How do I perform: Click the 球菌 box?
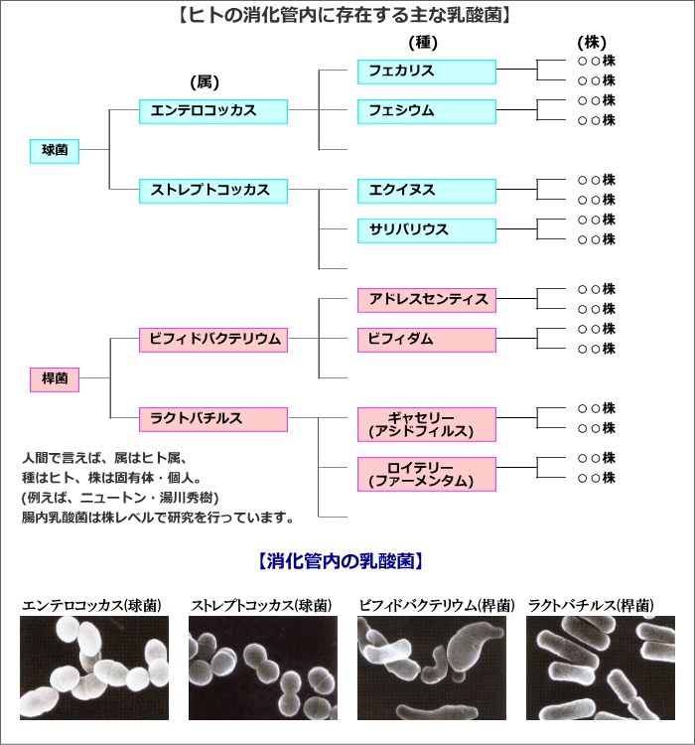(x=55, y=151)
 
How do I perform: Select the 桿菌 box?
(x=55, y=379)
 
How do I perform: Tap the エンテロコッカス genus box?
(x=213, y=111)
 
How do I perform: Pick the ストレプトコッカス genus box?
(x=213, y=191)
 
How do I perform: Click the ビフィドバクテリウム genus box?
(x=213, y=340)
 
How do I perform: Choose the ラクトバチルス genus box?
(x=213, y=419)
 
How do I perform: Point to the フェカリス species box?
(x=427, y=72)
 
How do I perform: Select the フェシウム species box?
(x=427, y=111)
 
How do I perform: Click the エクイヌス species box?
(x=427, y=191)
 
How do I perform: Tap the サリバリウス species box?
(x=427, y=230)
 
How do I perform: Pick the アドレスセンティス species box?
(x=427, y=300)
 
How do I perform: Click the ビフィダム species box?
(x=427, y=340)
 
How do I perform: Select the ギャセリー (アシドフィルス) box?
(x=427, y=424)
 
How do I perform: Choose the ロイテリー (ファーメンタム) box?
(x=427, y=474)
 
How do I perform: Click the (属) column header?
(x=205, y=82)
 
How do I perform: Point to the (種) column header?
(x=423, y=43)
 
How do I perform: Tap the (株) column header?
(x=592, y=43)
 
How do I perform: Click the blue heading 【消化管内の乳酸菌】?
(x=341, y=561)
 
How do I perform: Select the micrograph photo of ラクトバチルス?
(x=601, y=669)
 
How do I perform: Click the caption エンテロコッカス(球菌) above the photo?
(x=91, y=605)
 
